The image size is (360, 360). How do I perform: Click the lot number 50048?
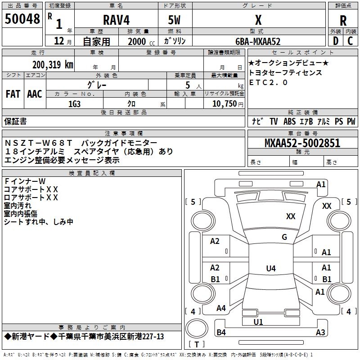[x=22, y=19]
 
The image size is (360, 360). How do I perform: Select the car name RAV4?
[x=116, y=20]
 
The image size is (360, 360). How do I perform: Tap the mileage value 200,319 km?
[x=53, y=65]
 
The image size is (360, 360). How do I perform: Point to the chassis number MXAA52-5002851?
[x=302, y=143]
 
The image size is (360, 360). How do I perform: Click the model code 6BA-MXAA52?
[x=258, y=41]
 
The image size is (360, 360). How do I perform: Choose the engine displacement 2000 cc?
[x=141, y=41]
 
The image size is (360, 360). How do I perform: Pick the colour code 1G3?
[x=74, y=104]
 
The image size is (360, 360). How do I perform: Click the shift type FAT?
[x=13, y=94]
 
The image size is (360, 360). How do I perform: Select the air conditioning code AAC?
[x=35, y=94]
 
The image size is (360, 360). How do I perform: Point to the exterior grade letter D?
[x=336, y=41]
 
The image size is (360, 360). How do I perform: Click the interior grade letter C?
[x=350, y=41]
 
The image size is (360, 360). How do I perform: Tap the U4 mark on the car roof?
[x=271, y=268]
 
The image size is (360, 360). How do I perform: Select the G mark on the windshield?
[x=284, y=237]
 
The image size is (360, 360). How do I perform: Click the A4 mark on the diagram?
[x=221, y=308]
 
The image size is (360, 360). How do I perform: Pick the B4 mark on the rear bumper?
[x=221, y=332]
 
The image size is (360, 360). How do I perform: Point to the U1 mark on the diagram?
[x=258, y=322]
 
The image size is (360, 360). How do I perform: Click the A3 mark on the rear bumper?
[x=320, y=332]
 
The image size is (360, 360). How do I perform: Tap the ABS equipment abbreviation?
[x=289, y=121]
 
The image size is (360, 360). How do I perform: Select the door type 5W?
[x=174, y=20]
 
